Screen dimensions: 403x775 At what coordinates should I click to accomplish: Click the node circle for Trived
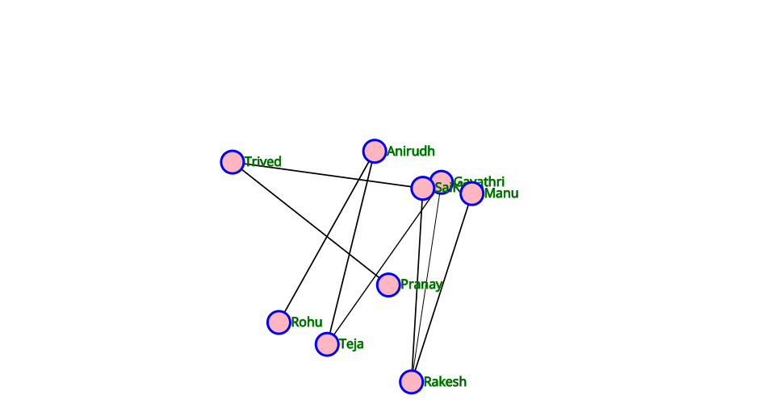pyautogui.click(x=232, y=162)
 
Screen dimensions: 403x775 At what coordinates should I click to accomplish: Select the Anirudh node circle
pyautogui.click(x=375, y=152)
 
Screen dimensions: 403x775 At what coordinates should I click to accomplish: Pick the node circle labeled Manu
pyautogui.click(x=472, y=193)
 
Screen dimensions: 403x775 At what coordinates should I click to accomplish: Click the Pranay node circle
pyautogui.click(x=388, y=285)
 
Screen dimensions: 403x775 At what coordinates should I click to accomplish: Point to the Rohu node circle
pyautogui.click(x=279, y=322)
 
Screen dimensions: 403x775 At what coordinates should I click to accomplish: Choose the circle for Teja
pyautogui.click(x=327, y=344)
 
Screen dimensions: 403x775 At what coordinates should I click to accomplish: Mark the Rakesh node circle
pyautogui.click(x=411, y=382)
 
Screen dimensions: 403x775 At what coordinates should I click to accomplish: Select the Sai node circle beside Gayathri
pyautogui.click(x=421, y=189)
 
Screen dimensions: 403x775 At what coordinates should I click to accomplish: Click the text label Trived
pyautogui.click(x=263, y=162)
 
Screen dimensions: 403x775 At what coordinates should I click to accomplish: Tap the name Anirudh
pyautogui.click(x=411, y=151)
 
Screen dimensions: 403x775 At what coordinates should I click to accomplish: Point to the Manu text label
pyautogui.click(x=501, y=193)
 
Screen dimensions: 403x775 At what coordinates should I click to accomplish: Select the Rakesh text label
pyautogui.click(x=445, y=382)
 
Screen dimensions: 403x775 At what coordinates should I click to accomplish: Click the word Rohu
pyautogui.click(x=307, y=322)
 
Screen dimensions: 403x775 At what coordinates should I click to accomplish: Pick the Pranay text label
pyautogui.click(x=421, y=285)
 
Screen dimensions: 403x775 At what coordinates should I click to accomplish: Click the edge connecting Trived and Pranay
pyautogui.click(x=311, y=223)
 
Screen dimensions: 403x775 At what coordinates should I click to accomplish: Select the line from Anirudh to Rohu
pyautogui.click(x=326, y=237)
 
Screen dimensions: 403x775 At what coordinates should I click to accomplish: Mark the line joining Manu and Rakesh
pyautogui.click(x=442, y=288)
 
